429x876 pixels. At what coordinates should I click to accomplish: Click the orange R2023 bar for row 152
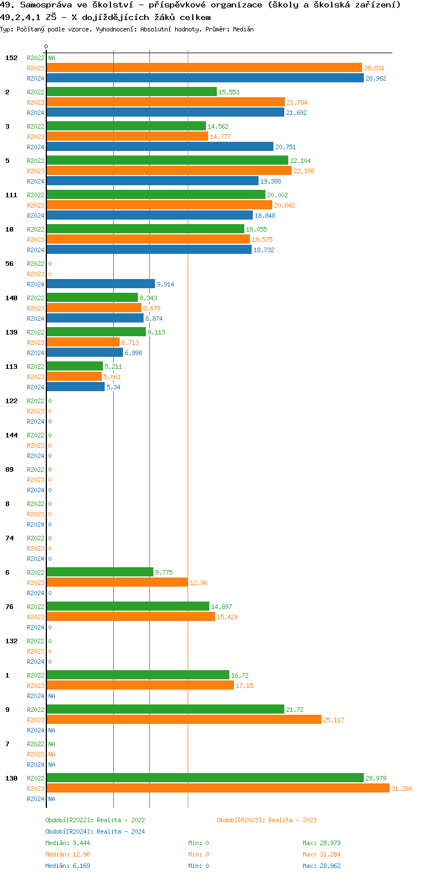[x=204, y=67]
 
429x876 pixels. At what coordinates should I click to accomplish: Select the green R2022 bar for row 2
[x=132, y=91]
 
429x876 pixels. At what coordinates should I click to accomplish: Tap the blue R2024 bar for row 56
[x=101, y=284]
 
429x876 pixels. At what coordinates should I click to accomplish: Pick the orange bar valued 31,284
[x=218, y=788]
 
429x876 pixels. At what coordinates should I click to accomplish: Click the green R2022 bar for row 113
[x=75, y=366]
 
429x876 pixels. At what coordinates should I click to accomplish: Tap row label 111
[x=11, y=195]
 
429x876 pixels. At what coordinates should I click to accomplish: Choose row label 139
[x=11, y=332]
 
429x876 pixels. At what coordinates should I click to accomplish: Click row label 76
[x=9, y=607]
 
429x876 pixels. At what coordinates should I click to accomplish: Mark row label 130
[x=11, y=778]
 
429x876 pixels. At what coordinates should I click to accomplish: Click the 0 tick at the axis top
[x=46, y=46]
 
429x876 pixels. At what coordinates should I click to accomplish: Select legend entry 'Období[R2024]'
[x=70, y=831]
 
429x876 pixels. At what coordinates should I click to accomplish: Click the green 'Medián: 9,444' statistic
[x=67, y=843]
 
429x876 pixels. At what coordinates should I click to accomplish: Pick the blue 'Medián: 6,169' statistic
[x=67, y=866]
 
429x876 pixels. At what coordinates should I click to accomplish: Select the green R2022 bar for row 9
[x=165, y=709]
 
